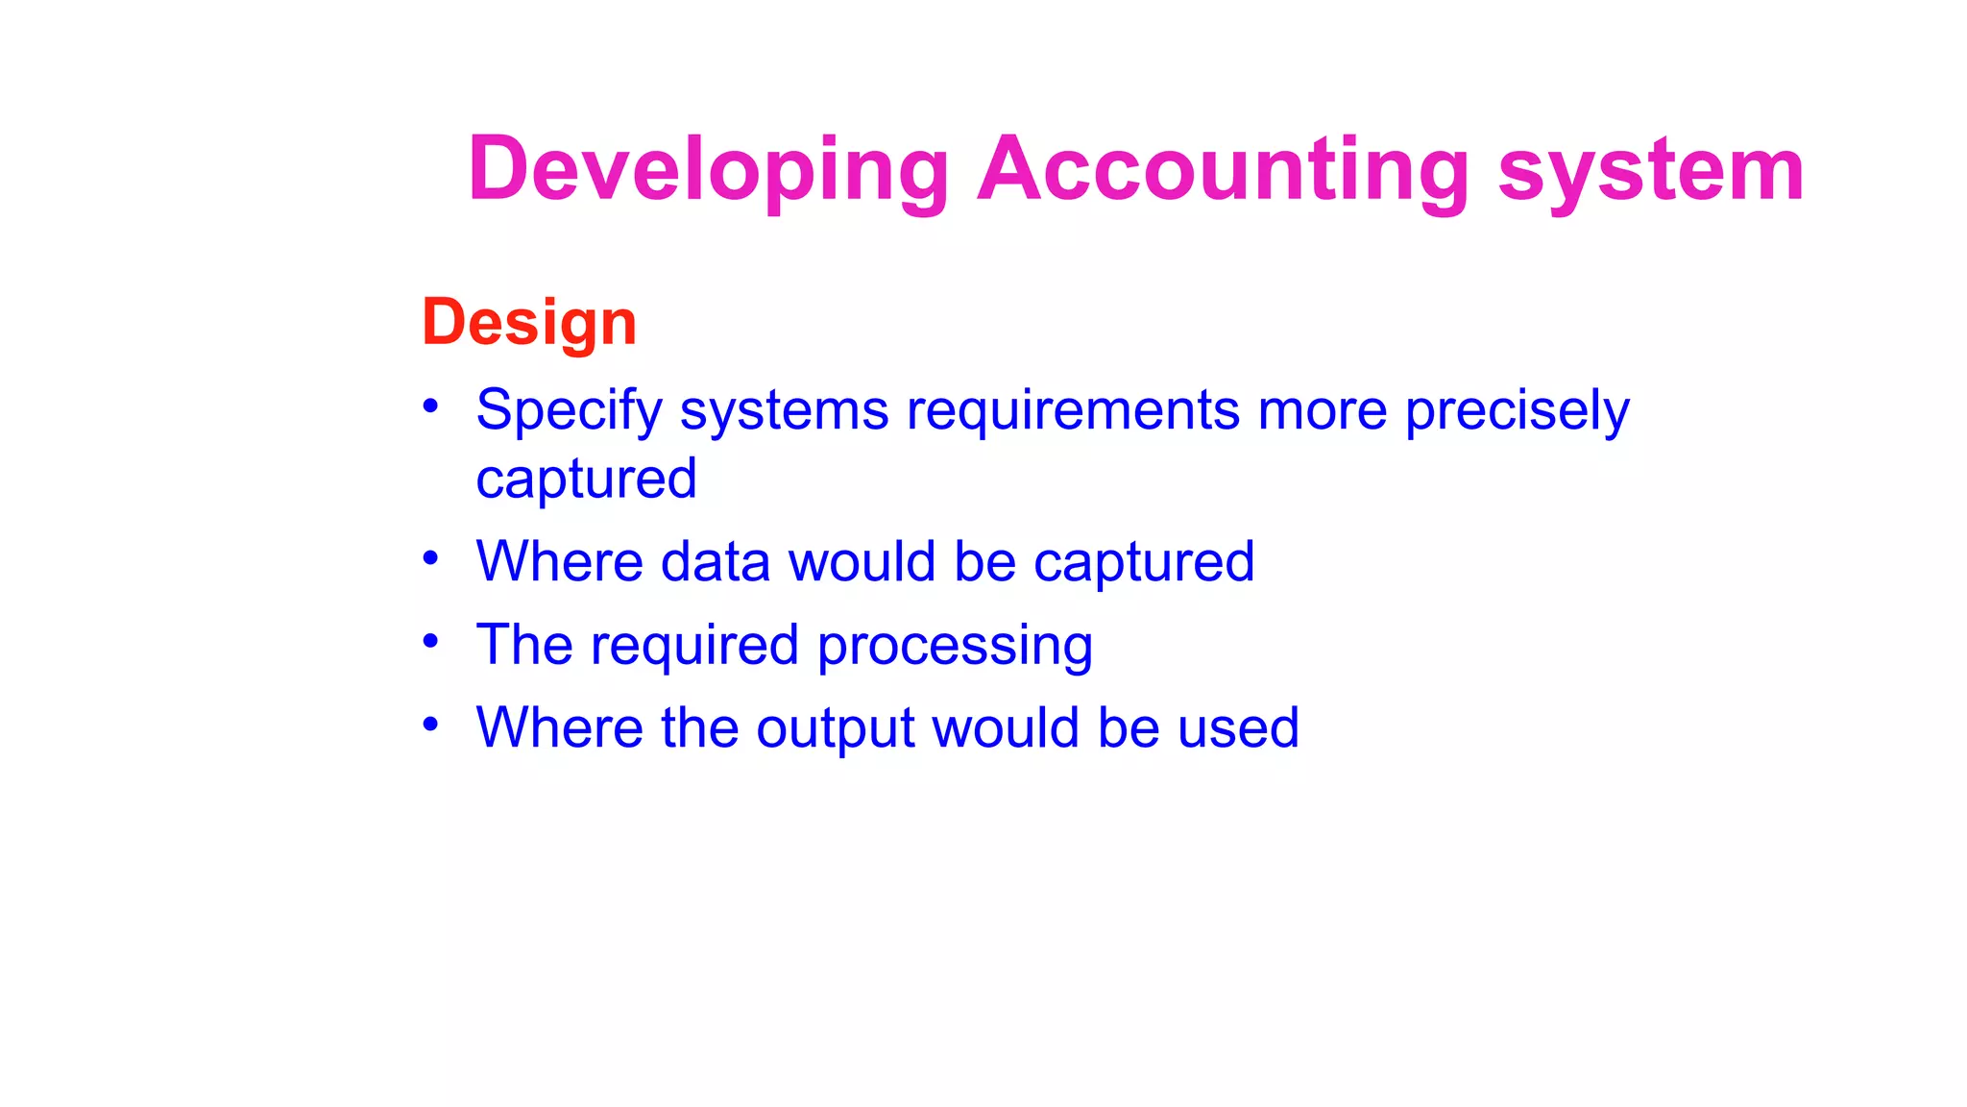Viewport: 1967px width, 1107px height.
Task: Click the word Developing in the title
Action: point(708,170)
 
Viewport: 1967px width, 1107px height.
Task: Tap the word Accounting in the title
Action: point(1223,170)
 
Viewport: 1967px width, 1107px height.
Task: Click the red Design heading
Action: point(529,322)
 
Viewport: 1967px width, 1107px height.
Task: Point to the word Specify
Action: point(569,411)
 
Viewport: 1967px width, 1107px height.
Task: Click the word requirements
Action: point(1073,411)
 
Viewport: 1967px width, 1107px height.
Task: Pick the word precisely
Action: point(1517,411)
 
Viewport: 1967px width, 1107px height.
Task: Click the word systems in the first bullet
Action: point(784,411)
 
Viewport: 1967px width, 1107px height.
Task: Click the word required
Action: point(694,646)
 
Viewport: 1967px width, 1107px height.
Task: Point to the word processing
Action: point(955,646)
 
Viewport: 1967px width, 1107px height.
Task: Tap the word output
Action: point(835,728)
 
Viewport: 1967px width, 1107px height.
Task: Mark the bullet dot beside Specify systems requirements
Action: point(430,406)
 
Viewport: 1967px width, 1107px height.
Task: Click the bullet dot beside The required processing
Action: point(430,640)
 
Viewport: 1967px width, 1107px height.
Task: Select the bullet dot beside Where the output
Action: point(430,723)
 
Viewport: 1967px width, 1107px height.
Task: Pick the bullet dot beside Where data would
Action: point(430,557)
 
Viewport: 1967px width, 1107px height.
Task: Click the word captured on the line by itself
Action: point(586,480)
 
